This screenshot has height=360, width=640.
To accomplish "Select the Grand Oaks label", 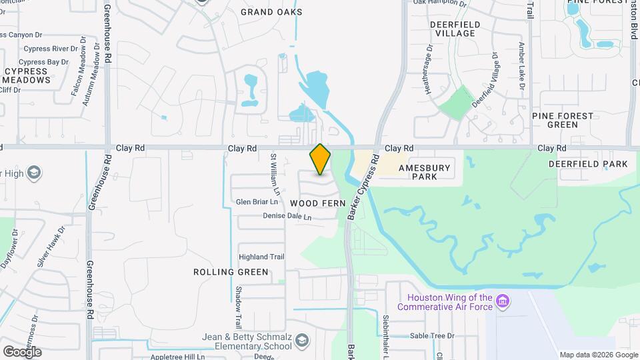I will tap(271, 12).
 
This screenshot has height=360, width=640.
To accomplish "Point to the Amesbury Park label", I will tap(425, 172).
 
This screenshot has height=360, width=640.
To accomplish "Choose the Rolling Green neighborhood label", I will tap(231, 272).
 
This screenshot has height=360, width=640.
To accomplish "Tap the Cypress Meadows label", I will tap(27, 75).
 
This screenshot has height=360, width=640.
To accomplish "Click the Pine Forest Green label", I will tap(563, 120).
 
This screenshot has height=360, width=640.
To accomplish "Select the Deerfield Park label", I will tap(588, 164).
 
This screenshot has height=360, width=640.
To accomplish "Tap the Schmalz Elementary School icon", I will tap(303, 341).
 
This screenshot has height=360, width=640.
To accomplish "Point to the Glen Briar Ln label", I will tap(257, 202).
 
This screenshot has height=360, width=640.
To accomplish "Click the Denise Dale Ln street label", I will tap(287, 217).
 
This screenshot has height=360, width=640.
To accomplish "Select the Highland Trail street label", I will tap(262, 257).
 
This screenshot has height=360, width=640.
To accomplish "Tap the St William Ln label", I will tap(273, 171).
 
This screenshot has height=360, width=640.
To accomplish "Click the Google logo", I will tap(22, 351).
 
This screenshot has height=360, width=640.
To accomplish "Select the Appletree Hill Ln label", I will tap(177, 357).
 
